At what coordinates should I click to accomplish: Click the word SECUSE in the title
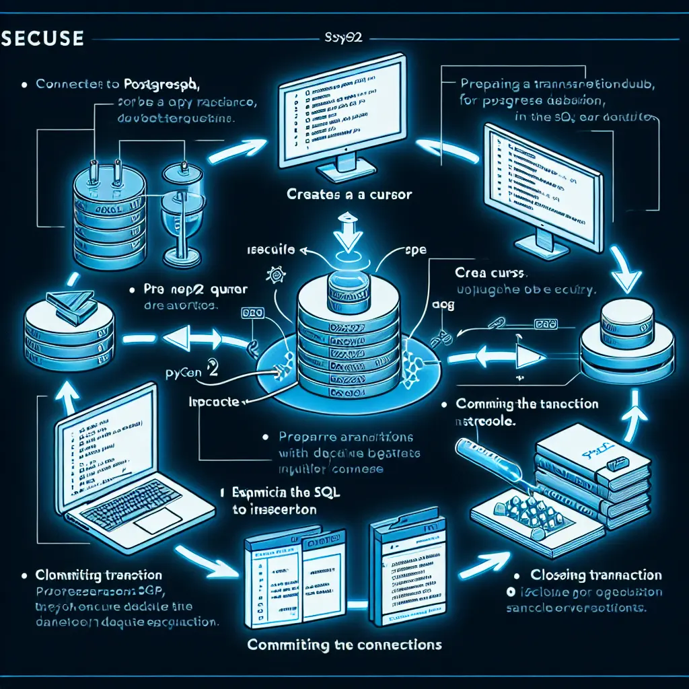(42, 38)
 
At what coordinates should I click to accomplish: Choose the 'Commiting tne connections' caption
(344, 644)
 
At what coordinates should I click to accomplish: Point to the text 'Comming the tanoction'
(527, 404)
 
